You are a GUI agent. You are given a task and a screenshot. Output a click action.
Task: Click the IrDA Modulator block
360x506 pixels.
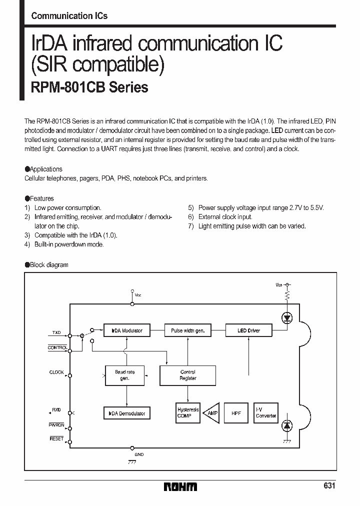click(x=126, y=330)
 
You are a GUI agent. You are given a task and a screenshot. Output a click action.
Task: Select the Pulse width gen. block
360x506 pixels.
click(x=187, y=330)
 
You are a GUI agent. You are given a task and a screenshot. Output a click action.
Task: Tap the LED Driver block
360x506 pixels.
click(x=248, y=330)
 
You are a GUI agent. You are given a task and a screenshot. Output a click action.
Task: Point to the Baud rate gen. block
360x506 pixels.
click(x=125, y=375)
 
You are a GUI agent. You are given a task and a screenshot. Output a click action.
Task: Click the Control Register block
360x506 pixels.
click(x=187, y=375)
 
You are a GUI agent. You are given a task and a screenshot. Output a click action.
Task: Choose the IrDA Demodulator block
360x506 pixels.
click(x=126, y=413)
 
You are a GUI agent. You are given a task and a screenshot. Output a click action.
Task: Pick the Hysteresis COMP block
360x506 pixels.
click(x=188, y=412)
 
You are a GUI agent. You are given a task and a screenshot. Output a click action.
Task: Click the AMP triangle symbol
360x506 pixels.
click(x=212, y=413)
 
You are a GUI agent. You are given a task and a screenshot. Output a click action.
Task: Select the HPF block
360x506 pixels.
click(x=236, y=413)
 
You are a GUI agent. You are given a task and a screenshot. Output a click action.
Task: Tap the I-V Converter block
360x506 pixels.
click(x=265, y=413)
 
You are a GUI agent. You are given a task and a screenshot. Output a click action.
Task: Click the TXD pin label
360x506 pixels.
click(x=56, y=332)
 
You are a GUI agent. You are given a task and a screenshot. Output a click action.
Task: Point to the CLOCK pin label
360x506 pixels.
click(x=56, y=372)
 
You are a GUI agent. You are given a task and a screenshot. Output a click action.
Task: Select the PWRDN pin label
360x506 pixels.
click(x=56, y=425)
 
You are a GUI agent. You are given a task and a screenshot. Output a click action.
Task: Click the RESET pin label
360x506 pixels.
click(x=56, y=438)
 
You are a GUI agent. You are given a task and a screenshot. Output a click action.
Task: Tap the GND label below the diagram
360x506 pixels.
click(x=139, y=454)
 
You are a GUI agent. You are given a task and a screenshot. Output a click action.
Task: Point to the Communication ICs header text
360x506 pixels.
click(x=69, y=16)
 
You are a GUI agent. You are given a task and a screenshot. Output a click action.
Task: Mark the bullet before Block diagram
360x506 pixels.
click(x=27, y=265)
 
